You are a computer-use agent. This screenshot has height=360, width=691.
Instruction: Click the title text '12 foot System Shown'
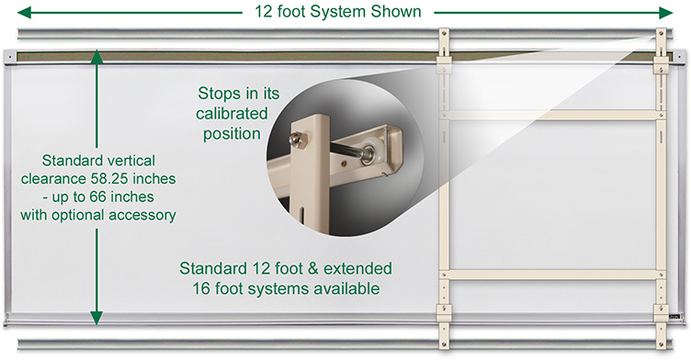[x=338, y=11]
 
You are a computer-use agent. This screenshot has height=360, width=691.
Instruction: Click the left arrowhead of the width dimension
[x=24, y=13]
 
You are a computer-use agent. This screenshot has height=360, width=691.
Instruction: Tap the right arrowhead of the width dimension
[x=665, y=13]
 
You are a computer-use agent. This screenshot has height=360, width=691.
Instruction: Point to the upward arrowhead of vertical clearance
[x=96, y=56]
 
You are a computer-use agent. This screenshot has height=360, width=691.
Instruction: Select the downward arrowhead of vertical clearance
[x=96, y=318]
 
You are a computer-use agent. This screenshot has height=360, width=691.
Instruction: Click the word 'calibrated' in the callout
[x=232, y=114]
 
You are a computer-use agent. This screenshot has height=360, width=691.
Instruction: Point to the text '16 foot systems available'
[x=286, y=288]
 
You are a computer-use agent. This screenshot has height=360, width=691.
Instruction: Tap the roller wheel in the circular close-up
[x=368, y=154]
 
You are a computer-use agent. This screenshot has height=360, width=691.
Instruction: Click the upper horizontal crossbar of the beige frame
[x=554, y=116]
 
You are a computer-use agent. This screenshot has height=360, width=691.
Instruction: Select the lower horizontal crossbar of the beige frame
[x=554, y=275]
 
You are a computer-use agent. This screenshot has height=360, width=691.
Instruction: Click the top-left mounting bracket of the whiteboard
[x=9, y=56]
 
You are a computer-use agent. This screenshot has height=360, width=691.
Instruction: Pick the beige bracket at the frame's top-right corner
[x=661, y=65]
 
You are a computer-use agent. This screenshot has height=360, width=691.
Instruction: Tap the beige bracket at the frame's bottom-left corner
[x=444, y=313]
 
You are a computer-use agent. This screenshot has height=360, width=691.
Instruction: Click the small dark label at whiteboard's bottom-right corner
[x=674, y=316]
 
